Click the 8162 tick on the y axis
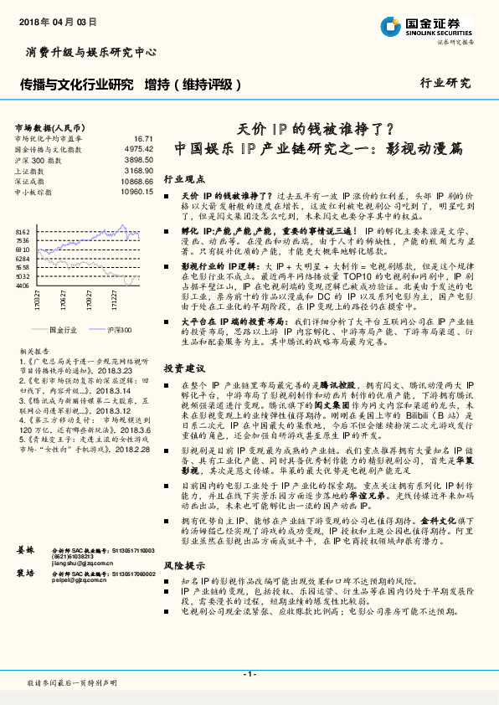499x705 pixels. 23,231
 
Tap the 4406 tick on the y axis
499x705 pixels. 23,286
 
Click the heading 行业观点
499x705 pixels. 183,180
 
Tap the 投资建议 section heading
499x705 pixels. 183,368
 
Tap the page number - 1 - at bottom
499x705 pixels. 249,674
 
